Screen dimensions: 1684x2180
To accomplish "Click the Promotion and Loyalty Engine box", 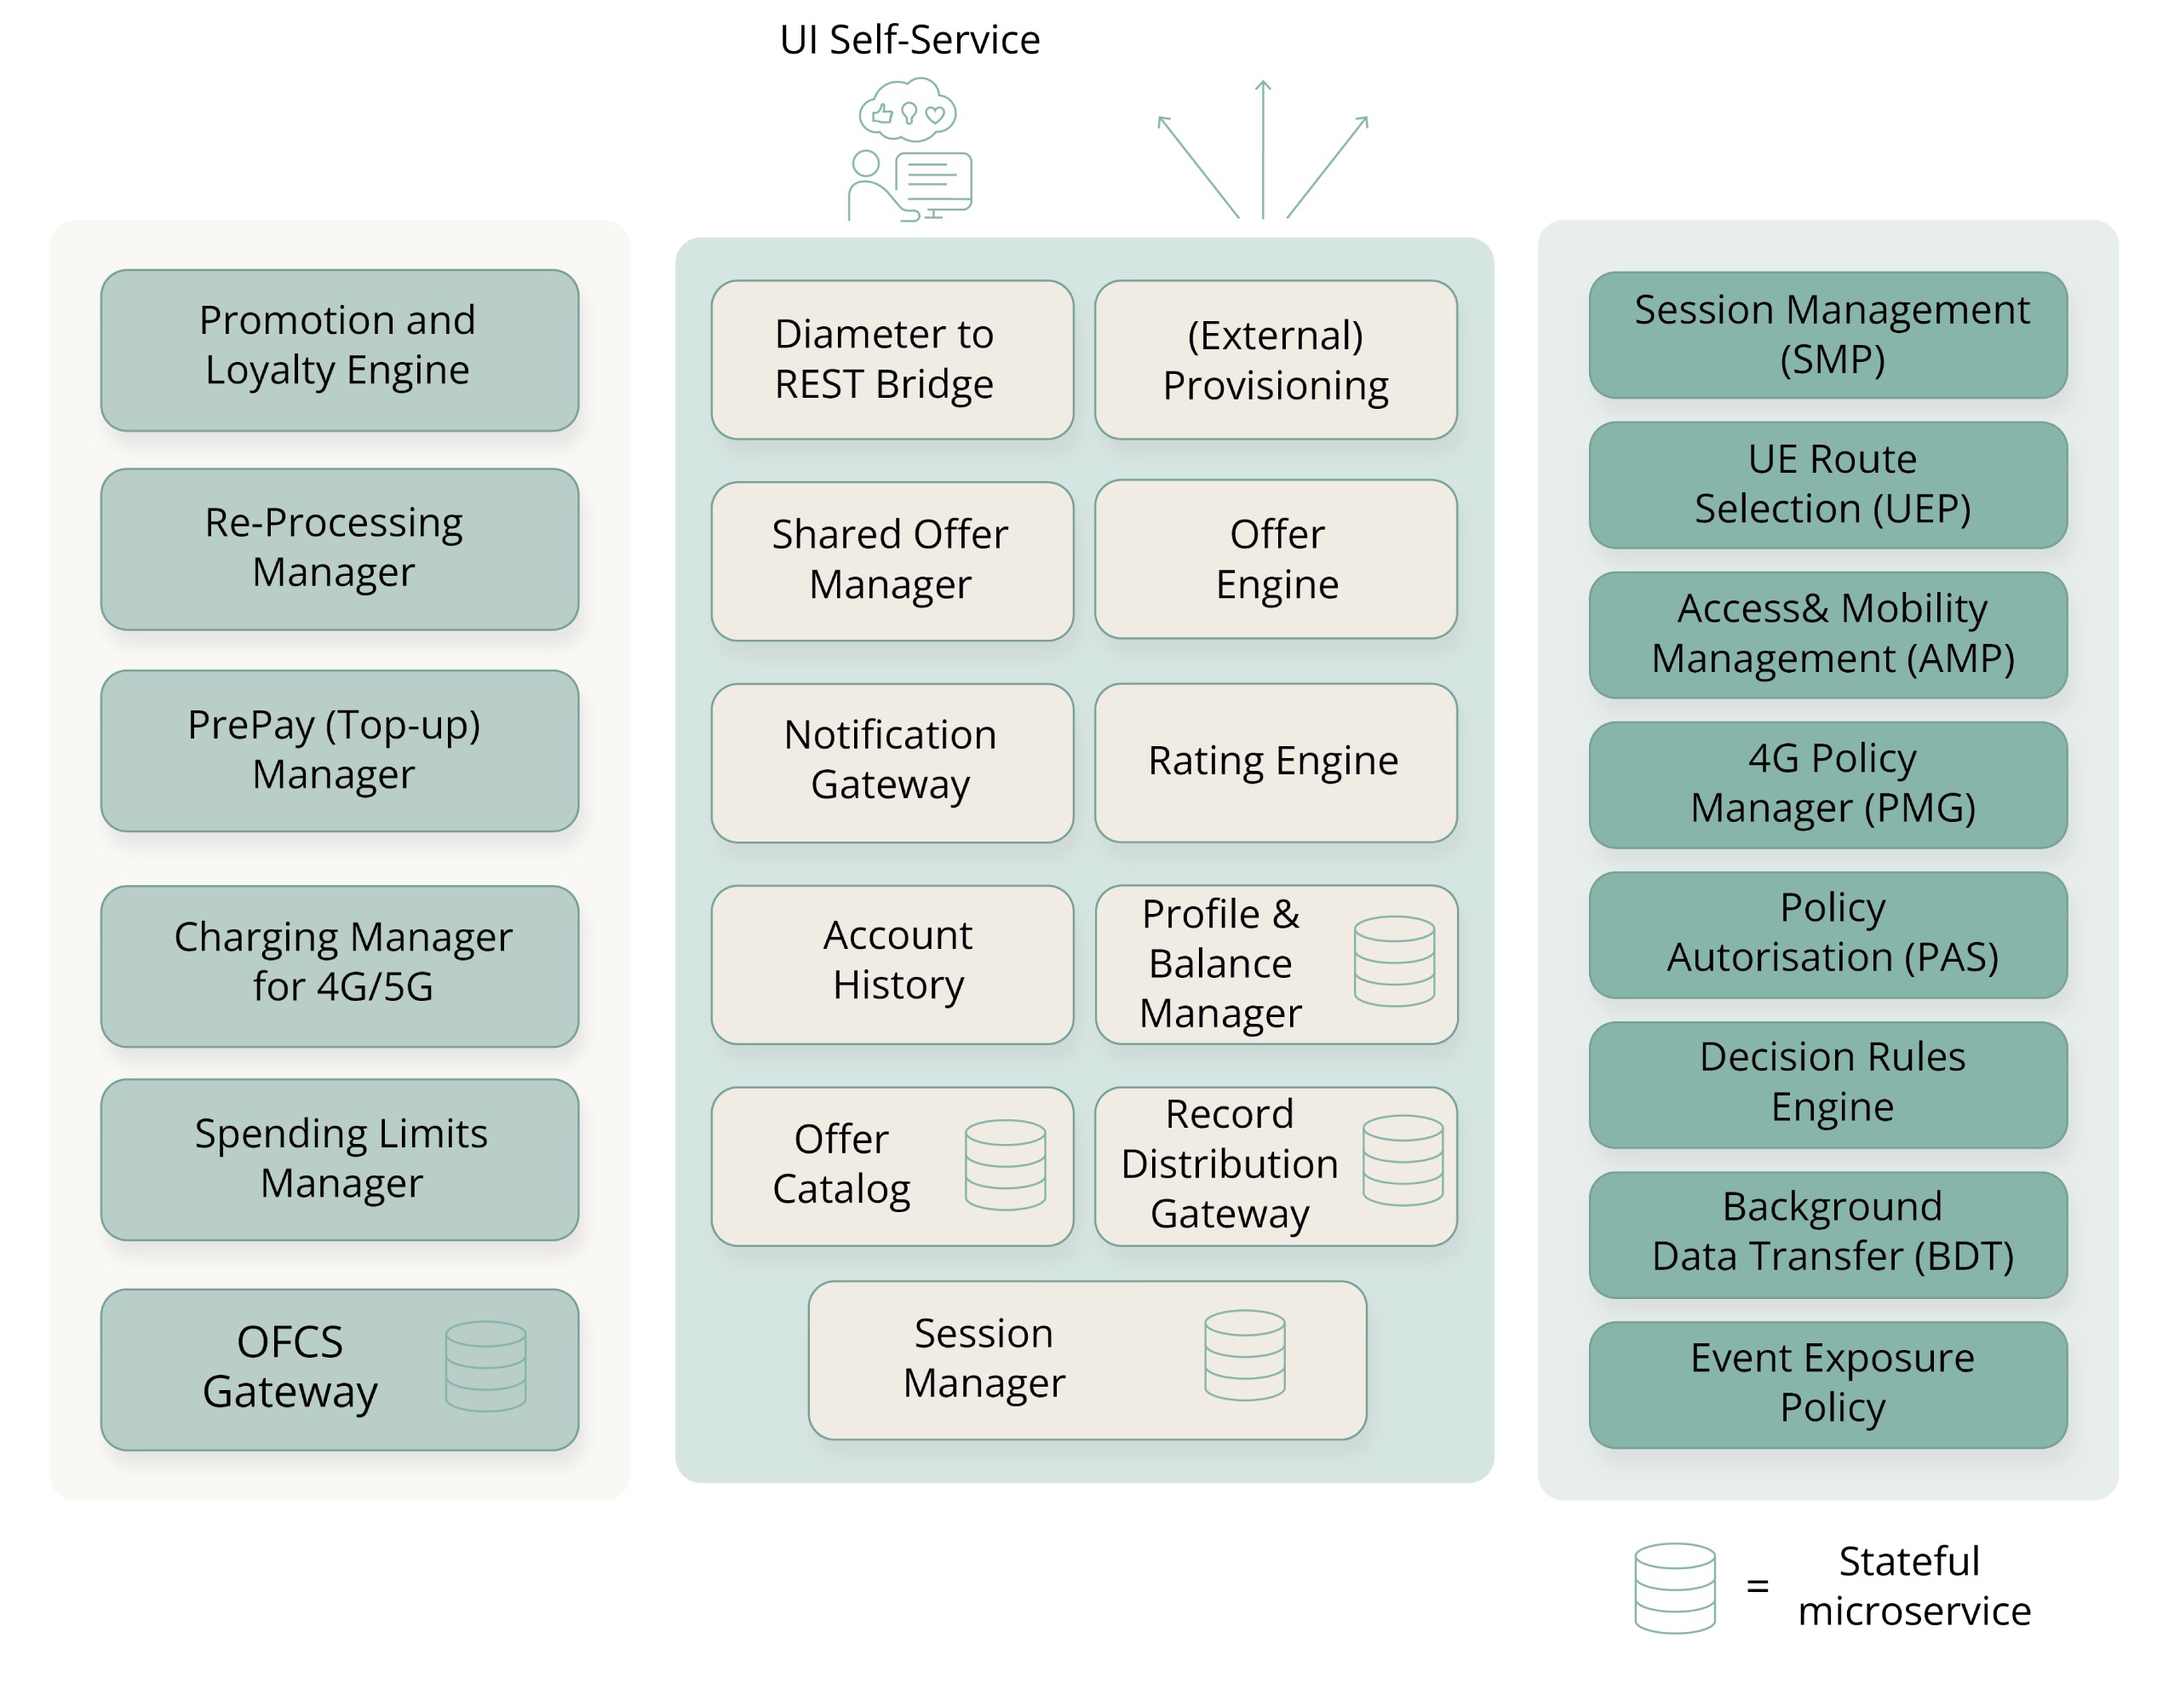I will point(340,350).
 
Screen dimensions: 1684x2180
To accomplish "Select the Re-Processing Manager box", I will point(340,549).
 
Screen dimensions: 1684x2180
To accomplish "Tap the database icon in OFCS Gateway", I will point(485,1365).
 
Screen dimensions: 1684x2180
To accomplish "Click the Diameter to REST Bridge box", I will point(892,359).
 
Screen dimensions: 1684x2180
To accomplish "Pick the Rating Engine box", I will point(1275,762).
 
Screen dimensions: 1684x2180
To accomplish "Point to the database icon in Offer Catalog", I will point(1005,1164).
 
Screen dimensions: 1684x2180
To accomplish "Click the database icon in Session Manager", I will point(1244,1354).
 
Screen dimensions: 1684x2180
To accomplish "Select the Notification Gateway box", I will point(892,762).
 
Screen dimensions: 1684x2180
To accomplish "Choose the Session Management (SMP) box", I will point(1827,336).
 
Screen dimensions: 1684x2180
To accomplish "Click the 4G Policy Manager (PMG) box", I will point(1827,785).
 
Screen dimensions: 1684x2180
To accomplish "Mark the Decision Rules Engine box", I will point(1827,1084).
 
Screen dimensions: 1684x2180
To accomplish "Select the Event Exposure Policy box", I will point(1827,1384).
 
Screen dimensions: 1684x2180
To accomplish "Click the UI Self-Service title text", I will point(909,40).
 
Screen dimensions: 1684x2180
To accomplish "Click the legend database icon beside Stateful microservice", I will point(1674,1587).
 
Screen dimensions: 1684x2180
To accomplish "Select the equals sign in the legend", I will point(1757,1585).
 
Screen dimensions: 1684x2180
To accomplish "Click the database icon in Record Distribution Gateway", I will point(1403,1160).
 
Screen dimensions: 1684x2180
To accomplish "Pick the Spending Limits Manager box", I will point(340,1159).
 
